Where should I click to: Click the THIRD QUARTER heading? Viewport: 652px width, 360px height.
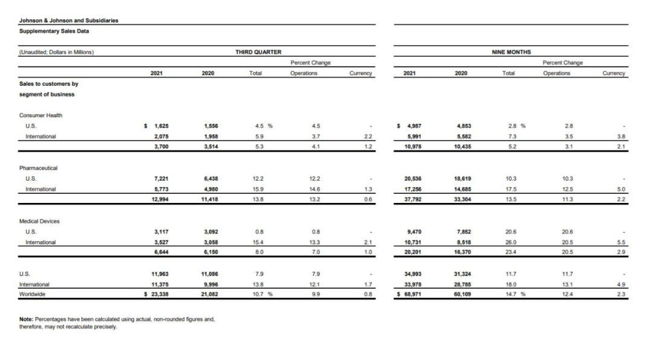258,53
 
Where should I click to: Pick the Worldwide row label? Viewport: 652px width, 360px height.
34,294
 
